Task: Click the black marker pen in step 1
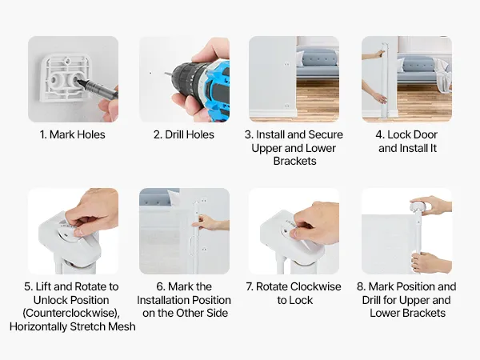[97, 89]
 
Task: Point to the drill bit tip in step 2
[165, 74]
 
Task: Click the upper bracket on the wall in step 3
[287, 64]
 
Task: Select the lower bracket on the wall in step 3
[287, 106]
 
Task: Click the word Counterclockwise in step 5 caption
[71, 313]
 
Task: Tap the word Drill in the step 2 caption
[174, 134]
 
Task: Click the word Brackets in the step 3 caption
[294, 161]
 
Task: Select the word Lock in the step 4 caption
[399, 134]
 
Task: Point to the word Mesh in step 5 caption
[122, 326]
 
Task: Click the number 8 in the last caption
[361, 287]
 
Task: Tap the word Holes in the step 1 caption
[90, 134]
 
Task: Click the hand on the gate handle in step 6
[211, 223]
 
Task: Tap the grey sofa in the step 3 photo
[318, 65]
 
